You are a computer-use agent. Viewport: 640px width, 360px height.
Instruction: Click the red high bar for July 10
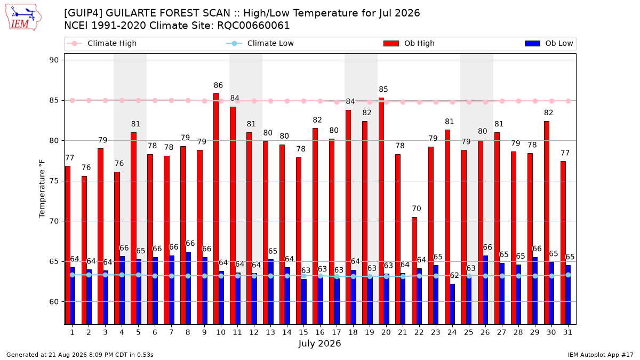click(217, 209)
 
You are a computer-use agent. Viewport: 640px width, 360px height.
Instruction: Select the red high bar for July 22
click(414, 271)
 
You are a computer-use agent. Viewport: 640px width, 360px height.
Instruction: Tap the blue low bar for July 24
click(452, 305)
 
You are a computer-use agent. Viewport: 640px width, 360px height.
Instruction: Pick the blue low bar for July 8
click(188, 289)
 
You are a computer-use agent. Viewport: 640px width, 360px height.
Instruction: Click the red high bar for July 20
click(381, 211)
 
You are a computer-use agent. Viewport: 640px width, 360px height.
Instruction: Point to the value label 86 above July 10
click(218, 85)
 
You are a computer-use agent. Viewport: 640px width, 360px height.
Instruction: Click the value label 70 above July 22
click(417, 209)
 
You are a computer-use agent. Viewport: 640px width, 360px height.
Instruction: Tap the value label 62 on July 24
click(454, 275)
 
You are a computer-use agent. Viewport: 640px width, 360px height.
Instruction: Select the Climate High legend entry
click(101, 43)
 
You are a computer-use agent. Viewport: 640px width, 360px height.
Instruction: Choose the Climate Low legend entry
click(260, 43)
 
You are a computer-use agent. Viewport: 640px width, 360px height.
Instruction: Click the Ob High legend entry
click(409, 43)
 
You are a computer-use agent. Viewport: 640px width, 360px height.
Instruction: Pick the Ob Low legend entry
click(549, 43)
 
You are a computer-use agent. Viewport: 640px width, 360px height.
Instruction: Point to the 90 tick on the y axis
click(54, 60)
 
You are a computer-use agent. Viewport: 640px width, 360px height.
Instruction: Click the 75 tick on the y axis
click(54, 181)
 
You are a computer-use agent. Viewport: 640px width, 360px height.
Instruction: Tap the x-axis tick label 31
click(567, 332)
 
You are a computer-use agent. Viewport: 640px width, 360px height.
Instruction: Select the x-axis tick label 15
click(303, 332)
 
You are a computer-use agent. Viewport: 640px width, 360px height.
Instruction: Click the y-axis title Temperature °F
click(42, 189)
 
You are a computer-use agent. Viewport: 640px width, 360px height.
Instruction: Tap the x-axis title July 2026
click(319, 343)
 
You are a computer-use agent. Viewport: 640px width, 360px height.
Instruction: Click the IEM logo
click(23, 18)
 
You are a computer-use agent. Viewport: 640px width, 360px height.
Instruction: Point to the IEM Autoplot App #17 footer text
click(601, 355)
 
